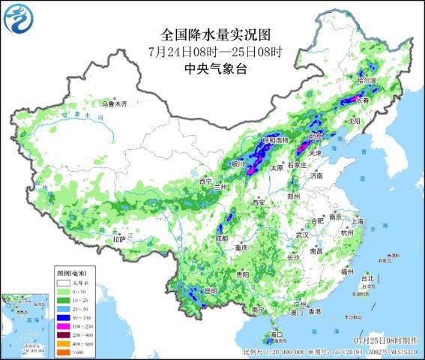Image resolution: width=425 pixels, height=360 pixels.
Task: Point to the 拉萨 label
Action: [118, 239]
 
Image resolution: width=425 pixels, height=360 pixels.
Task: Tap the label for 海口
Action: [276, 334]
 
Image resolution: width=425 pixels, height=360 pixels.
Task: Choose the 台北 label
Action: [367, 278]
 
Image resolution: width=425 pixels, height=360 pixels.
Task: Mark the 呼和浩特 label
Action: [275, 141]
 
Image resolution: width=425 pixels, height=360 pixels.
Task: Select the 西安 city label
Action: [259, 202]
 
